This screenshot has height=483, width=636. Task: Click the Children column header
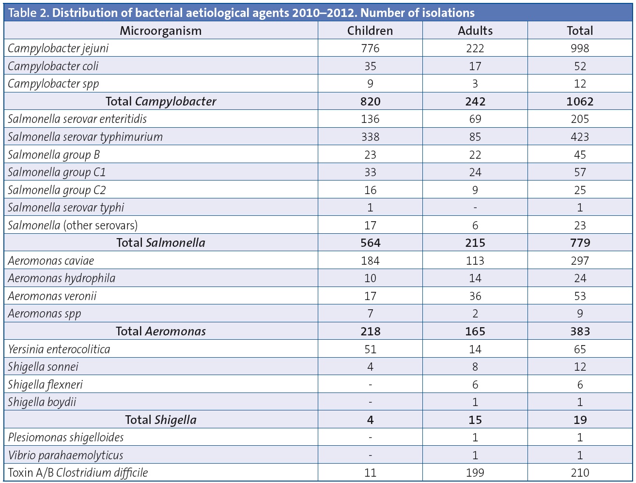pyautogui.click(x=370, y=30)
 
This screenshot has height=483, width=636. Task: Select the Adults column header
pyautogui.click(x=475, y=30)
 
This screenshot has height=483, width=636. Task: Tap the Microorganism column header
pyautogui.click(x=160, y=30)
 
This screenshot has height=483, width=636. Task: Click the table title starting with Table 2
pyautogui.click(x=241, y=13)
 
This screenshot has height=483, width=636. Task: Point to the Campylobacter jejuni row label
pyautogui.click(x=58, y=48)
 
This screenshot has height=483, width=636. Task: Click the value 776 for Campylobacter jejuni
pyautogui.click(x=370, y=48)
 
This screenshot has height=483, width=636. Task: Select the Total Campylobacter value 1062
pyautogui.click(x=580, y=101)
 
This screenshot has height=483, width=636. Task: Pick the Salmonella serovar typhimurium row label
pyautogui.click(x=85, y=137)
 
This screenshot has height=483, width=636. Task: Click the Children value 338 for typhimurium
pyautogui.click(x=370, y=137)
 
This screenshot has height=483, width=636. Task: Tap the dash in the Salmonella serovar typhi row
pyautogui.click(x=475, y=208)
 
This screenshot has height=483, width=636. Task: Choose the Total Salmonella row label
pyautogui.click(x=160, y=243)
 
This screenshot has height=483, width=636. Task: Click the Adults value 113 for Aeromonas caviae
pyautogui.click(x=475, y=261)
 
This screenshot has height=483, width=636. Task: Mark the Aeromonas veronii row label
pyautogui.click(x=52, y=296)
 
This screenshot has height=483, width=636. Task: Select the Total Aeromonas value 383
pyautogui.click(x=580, y=332)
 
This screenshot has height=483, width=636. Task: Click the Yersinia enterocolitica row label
pyautogui.click(x=59, y=349)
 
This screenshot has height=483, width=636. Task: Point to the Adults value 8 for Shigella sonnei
pyautogui.click(x=475, y=367)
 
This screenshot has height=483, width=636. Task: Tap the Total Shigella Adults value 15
pyautogui.click(x=475, y=420)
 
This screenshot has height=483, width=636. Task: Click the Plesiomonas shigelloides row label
pyautogui.click(x=66, y=438)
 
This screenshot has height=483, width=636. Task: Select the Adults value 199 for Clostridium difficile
pyautogui.click(x=475, y=473)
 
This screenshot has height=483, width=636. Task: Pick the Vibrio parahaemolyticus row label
pyautogui.click(x=65, y=455)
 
